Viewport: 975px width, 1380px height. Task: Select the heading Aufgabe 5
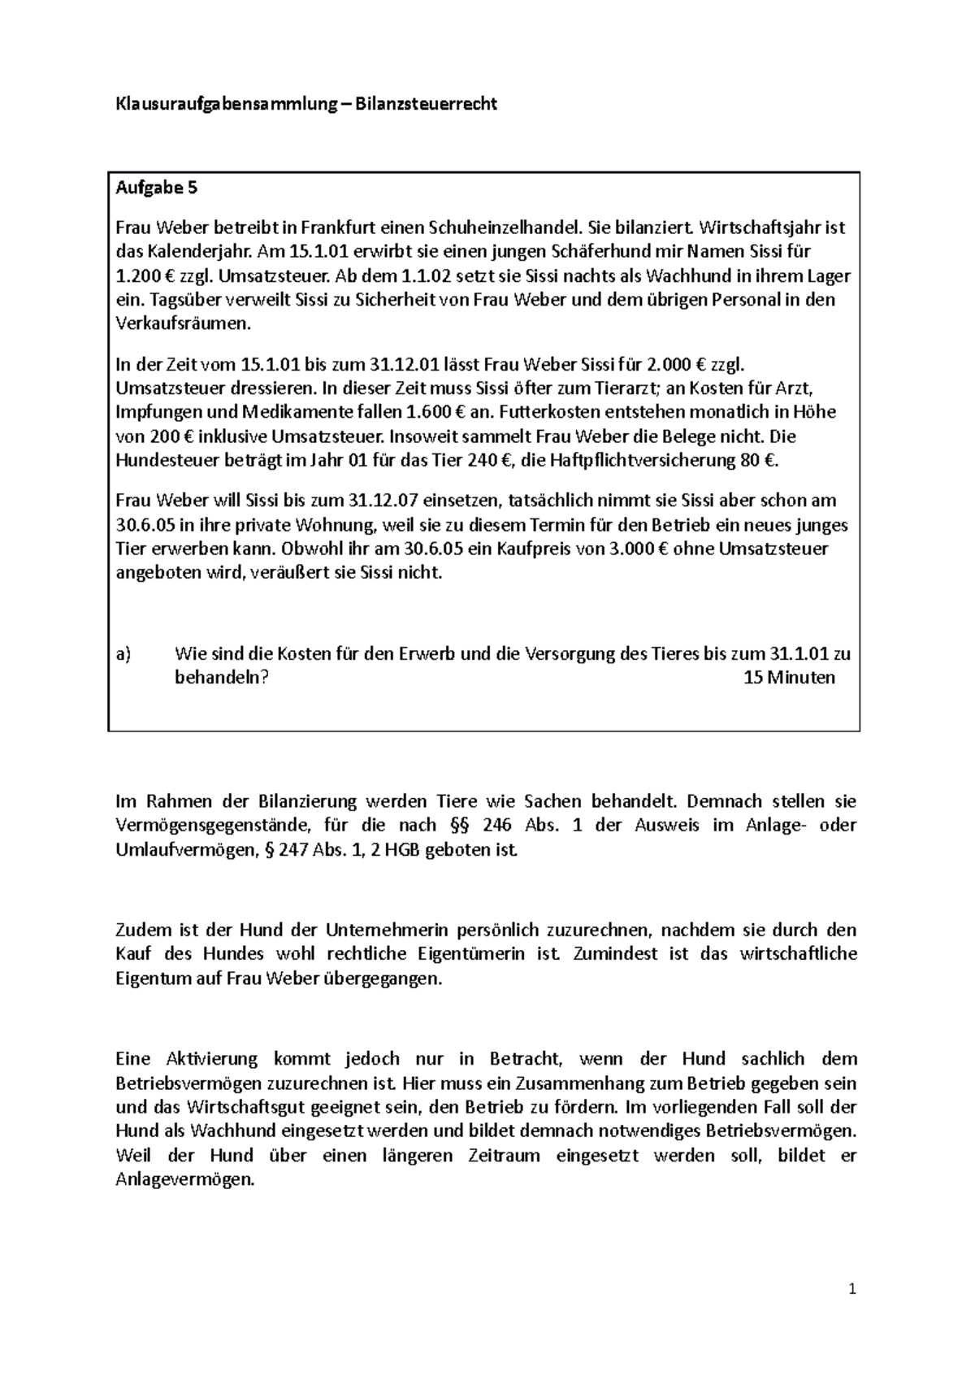tap(156, 189)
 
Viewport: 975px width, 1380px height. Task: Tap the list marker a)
tap(124, 654)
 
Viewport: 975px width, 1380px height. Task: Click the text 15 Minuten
tap(789, 679)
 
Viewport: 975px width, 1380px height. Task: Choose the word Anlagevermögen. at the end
tap(185, 1180)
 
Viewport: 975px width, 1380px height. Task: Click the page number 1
tap(852, 1289)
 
